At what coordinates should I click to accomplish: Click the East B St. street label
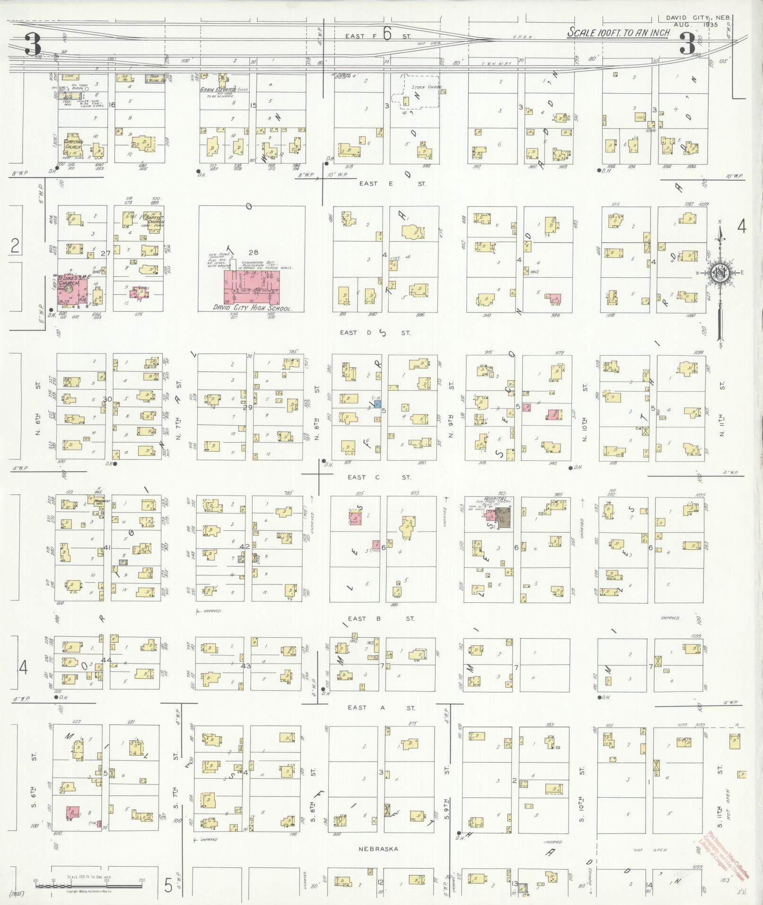(381, 618)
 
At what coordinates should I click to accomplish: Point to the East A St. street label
(381, 708)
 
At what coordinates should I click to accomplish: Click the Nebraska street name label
(378, 849)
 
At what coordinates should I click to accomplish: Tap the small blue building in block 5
(377, 404)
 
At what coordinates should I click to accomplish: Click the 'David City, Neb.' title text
(698, 18)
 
